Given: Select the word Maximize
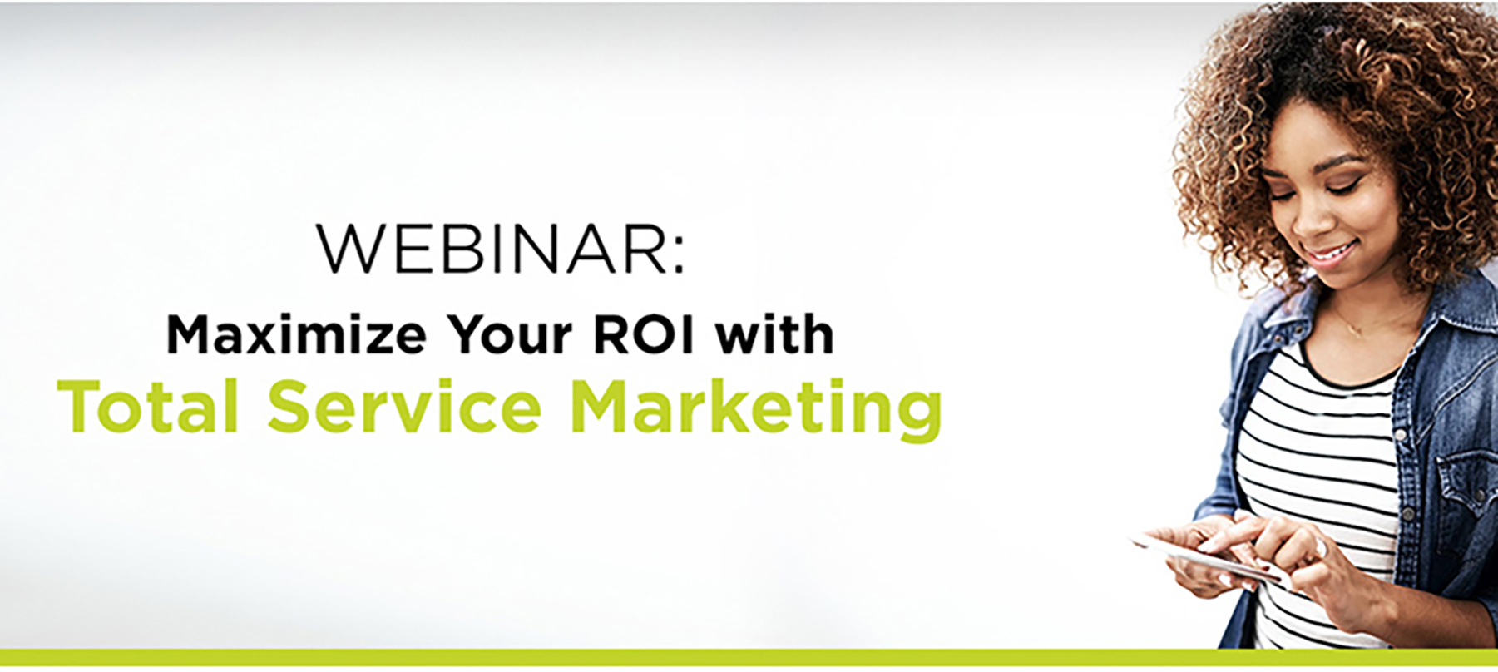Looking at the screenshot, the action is (297, 334).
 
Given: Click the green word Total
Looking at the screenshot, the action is (149, 406).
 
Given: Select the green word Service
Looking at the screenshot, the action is (404, 406).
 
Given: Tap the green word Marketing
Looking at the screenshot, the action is (757, 409).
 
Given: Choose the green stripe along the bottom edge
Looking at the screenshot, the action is (749, 657).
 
